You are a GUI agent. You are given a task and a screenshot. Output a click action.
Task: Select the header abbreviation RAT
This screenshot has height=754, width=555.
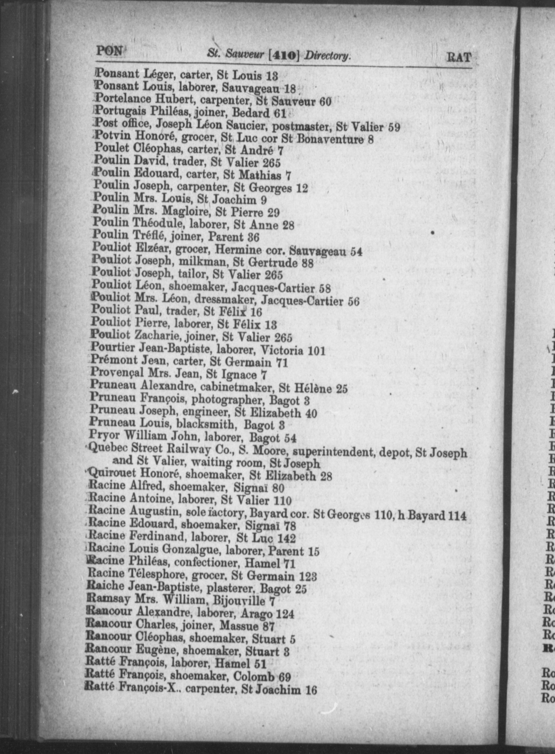(x=459, y=57)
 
